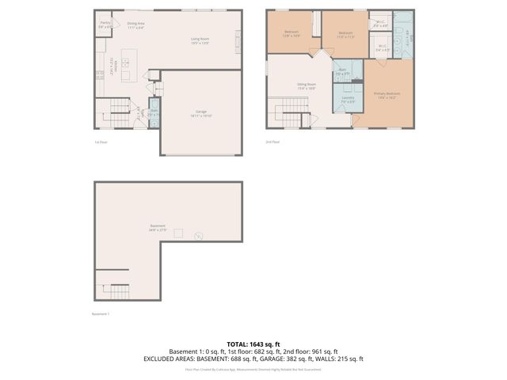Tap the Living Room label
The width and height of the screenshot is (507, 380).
coord(199,39)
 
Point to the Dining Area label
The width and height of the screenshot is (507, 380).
coord(136,25)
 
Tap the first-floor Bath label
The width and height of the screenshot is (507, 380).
coord(154,112)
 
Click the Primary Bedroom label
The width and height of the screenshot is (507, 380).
coord(385,95)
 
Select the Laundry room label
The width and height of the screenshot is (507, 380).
coord(348,100)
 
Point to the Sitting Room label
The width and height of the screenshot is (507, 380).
coord(307,85)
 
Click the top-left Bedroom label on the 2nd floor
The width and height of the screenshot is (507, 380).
coord(292,34)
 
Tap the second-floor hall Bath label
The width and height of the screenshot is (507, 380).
coord(342,71)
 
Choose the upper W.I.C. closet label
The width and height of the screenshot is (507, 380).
coord(380,24)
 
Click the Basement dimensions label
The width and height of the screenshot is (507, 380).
coord(158,228)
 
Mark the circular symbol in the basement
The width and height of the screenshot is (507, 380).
coord(199,235)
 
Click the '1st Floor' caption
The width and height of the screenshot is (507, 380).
coord(101,142)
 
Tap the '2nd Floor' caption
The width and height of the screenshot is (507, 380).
coord(273,142)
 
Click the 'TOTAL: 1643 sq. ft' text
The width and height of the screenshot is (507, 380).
coord(253,344)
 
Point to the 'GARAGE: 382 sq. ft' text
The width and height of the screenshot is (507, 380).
coord(306,359)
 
